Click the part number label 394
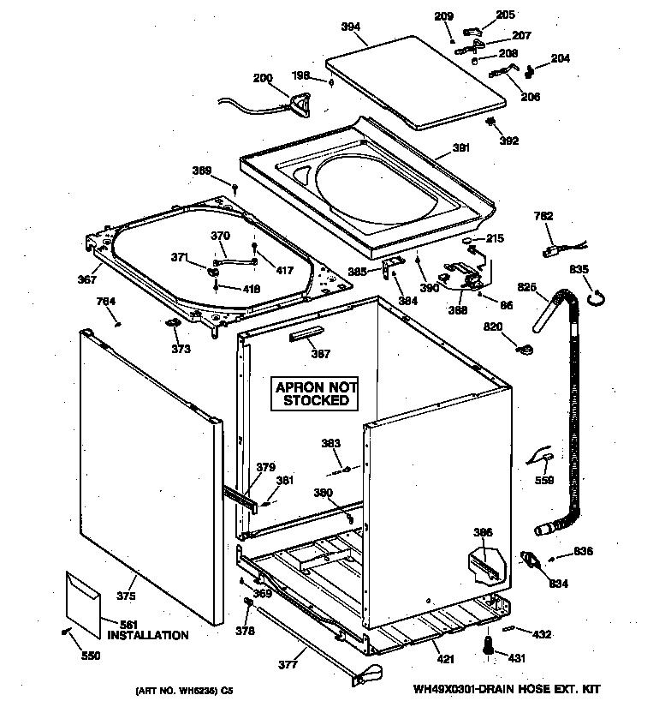[x=351, y=27]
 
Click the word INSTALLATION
[x=148, y=636]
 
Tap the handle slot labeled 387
[x=308, y=333]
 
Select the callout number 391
[x=461, y=148]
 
